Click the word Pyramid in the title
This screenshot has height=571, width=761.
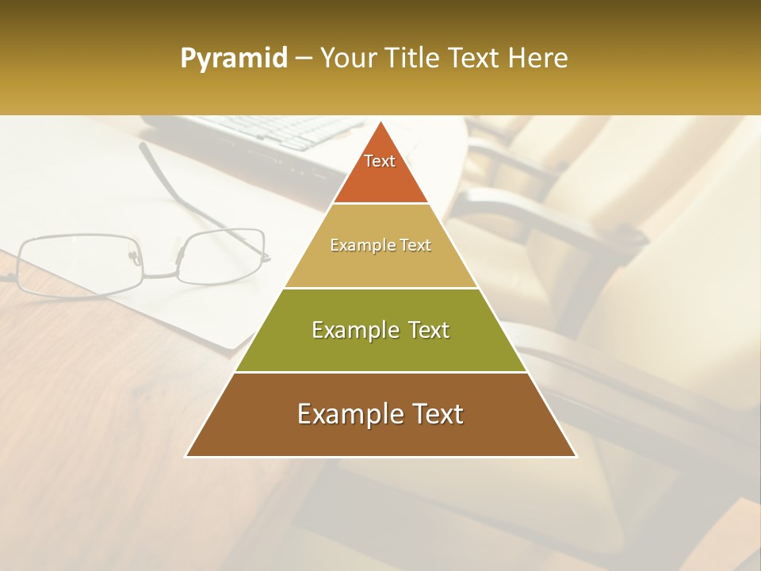233,59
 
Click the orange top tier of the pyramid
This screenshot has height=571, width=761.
380,178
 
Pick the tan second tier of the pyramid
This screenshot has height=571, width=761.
380,266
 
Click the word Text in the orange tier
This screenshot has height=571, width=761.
380,161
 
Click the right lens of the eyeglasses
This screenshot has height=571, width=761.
222,255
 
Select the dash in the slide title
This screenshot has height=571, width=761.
303,59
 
